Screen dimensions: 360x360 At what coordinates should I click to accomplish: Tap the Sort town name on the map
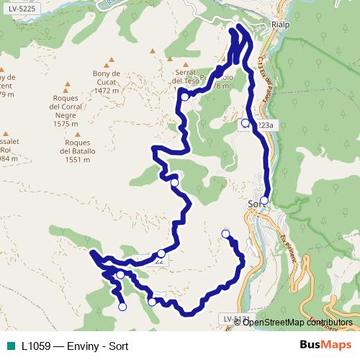pos(256,203)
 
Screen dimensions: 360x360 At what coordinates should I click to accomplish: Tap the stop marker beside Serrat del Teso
pos(185,96)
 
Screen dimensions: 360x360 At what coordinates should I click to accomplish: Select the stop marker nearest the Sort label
pos(265,200)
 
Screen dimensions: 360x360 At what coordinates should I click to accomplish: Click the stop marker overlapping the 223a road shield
pos(246,122)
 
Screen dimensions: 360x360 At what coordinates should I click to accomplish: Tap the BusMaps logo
pos(324,345)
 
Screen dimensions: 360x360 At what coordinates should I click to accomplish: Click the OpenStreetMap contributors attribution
pos(296,322)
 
